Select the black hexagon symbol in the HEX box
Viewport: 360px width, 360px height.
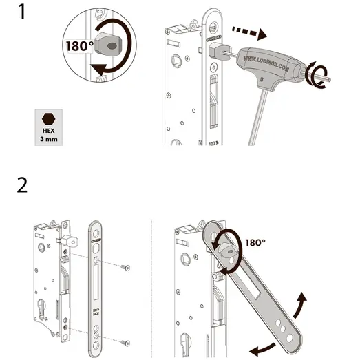click(48, 118)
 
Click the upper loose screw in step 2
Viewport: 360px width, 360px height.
click(125, 267)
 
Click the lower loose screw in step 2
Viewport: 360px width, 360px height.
click(125, 341)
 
